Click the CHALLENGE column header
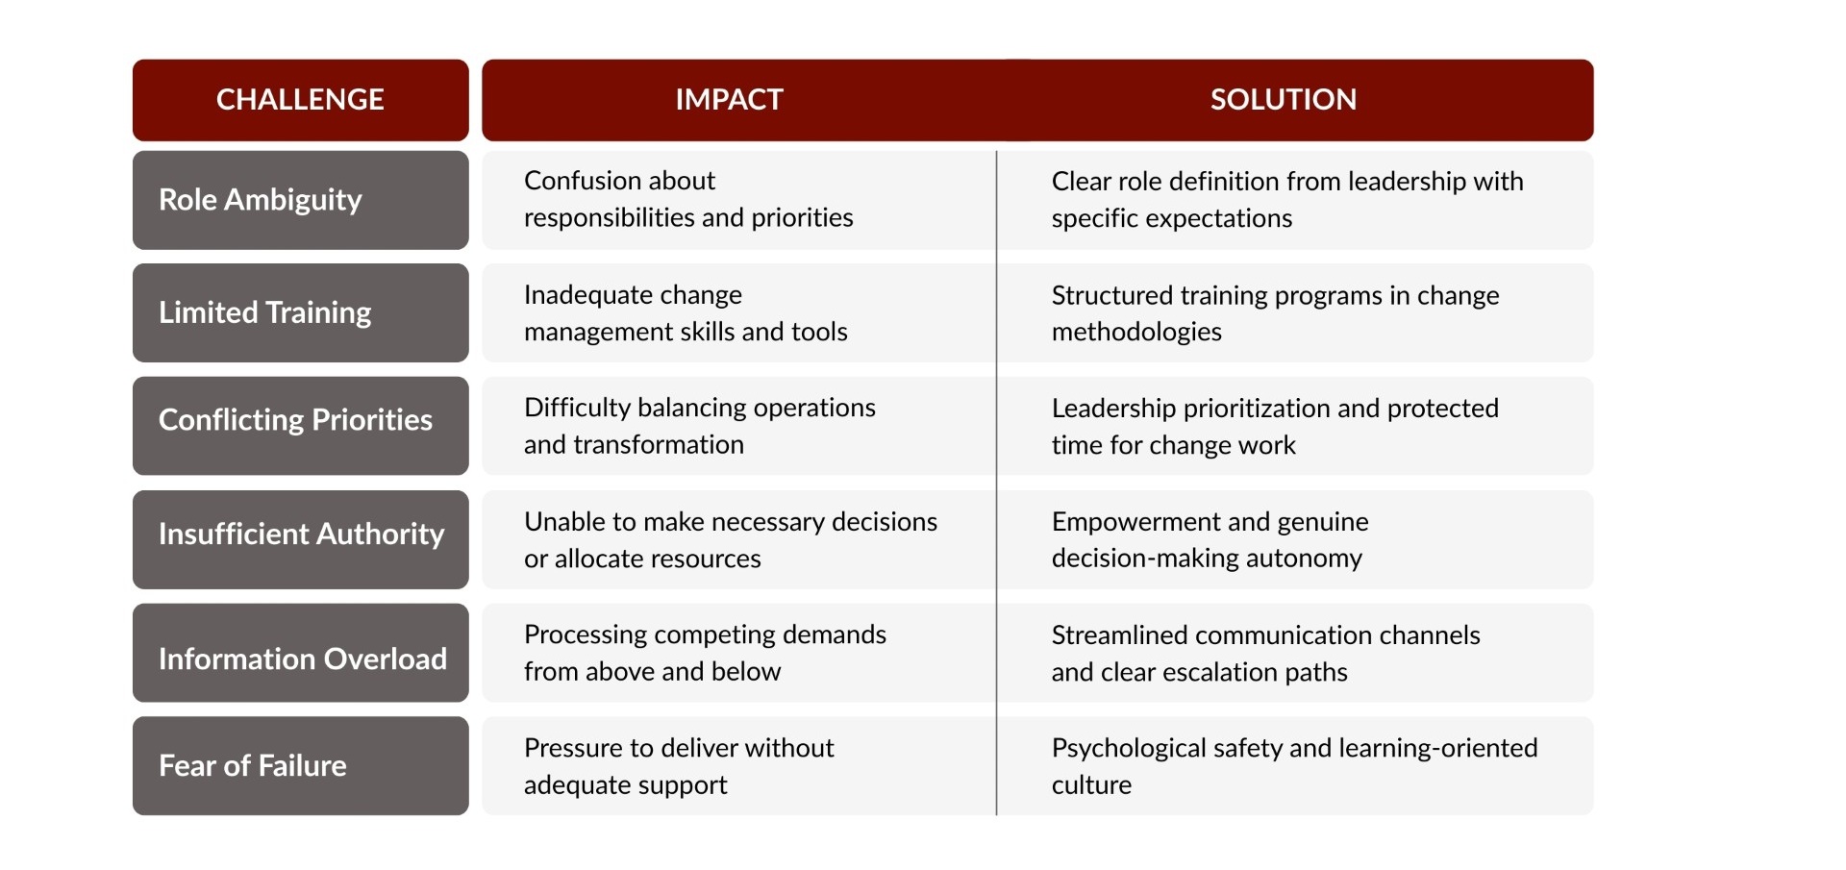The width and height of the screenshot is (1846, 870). click(x=300, y=99)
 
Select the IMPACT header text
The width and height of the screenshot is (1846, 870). click(x=729, y=99)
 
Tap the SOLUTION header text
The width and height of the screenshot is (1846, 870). click(x=1283, y=99)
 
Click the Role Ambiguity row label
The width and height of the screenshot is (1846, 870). click(x=260, y=199)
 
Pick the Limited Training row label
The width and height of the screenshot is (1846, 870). click(x=264, y=312)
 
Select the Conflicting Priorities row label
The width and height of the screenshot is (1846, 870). click(x=295, y=420)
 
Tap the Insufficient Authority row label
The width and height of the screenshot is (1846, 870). click(x=301, y=534)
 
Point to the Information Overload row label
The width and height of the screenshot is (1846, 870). click(x=302, y=659)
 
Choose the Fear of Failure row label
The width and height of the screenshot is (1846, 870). click(x=252, y=765)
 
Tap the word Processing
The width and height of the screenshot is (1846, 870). click(x=586, y=634)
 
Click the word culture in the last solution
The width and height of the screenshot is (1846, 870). click(x=1091, y=785)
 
